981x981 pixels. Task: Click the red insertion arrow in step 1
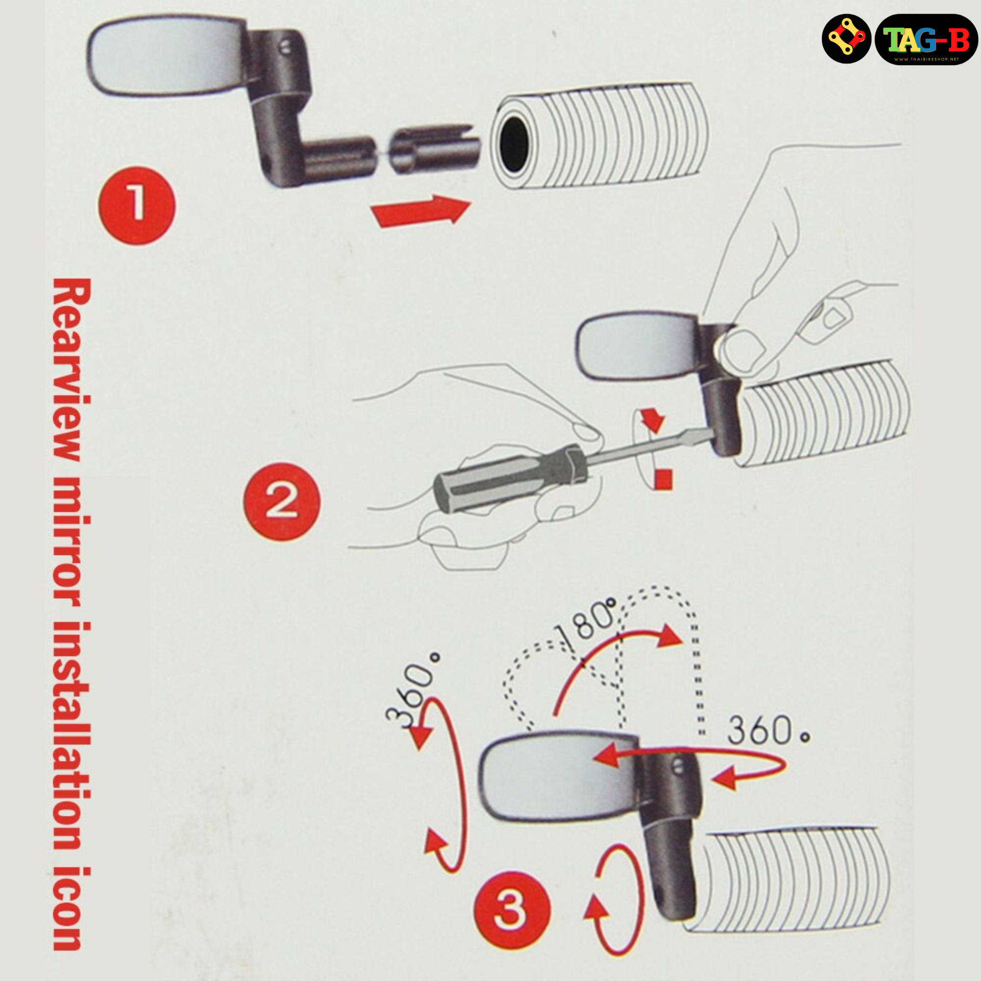(421, 210)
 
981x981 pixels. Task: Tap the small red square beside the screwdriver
(663, 479)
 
